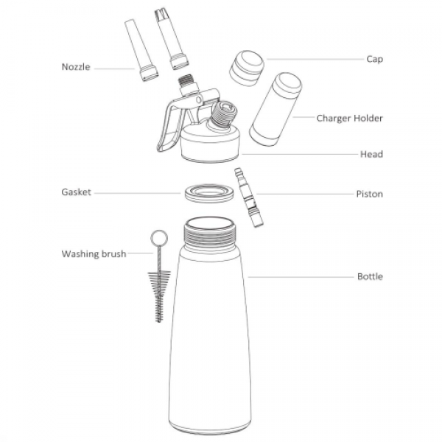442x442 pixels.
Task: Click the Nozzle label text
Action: tap(76, 67)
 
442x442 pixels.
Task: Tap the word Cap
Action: tap(375, 59)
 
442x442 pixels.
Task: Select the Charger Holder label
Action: tap(349, 118)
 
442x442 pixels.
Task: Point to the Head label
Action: tap(371, 154)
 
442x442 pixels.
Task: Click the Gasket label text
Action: tap(76, 192)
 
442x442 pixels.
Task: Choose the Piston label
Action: tap(370, 194)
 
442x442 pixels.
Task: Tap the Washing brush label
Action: tap(94, 254)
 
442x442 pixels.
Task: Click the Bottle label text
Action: tap(370, 276)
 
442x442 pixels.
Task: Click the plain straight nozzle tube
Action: tap(141, 50)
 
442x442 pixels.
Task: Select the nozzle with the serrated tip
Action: tap(172, 39)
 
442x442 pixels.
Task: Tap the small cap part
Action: tap(247, 69)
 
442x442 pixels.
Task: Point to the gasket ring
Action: tap(209, 194)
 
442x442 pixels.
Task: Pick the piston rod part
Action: tap(249, 197)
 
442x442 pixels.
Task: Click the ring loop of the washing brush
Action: tap(159, 238)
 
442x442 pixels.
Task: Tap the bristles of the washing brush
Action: tap(159, 296)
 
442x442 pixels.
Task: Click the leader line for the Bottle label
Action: tap(301, 277)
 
